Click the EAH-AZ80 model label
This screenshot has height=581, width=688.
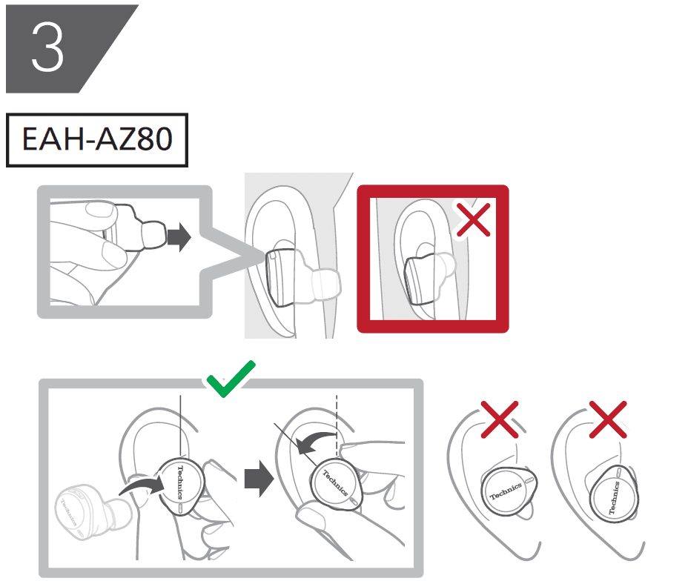tap(97, 139)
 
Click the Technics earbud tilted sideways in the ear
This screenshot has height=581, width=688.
tap(509, 490)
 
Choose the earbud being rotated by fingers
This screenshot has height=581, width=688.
tap(333, 487)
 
